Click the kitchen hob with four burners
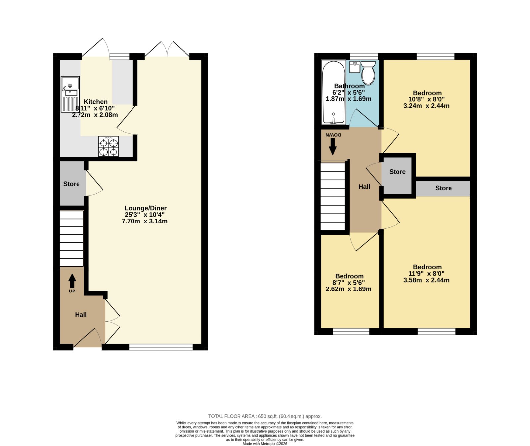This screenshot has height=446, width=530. (108, 146)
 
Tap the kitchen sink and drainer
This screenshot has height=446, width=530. (70, 94)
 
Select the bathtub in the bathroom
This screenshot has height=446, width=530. (334, 93)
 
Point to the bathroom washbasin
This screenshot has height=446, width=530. (354, 67)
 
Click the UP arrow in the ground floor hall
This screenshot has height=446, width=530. (72, 281)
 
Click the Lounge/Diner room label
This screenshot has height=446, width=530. (145, 208)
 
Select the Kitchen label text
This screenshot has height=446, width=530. (95, 102)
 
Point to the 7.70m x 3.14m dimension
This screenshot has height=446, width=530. (145, 221)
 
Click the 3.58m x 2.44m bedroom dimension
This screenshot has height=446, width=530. (426, 280)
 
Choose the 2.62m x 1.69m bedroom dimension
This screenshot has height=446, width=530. (348, 289)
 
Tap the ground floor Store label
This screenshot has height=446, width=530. (71, 184)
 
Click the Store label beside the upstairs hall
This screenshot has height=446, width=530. (397, 172)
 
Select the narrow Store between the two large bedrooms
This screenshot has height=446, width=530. (443, 188)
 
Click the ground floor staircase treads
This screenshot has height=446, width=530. (72, 238)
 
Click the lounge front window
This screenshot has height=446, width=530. (161, 347)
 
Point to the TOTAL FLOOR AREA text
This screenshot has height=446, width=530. (265, 416)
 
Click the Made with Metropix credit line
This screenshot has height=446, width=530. (265, 444)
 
